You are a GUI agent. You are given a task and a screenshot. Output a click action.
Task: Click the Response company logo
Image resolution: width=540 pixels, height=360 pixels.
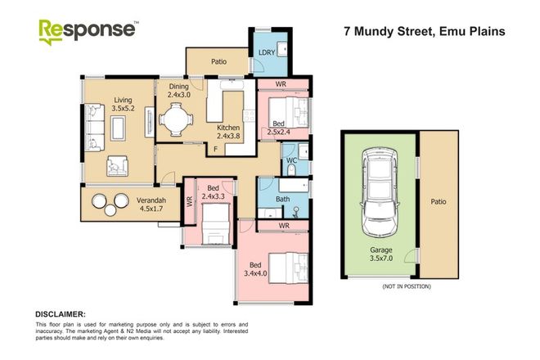pyautogui.click(x=88, y=30)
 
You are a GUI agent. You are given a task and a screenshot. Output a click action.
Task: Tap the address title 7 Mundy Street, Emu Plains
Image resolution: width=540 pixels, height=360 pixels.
pyautogui.click(x=422, y=32)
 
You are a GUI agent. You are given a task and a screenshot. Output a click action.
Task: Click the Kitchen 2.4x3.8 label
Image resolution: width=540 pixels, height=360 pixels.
pyautogui.click(x=227, y=132)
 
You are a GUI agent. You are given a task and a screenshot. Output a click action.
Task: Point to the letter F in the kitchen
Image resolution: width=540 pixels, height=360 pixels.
pyautogui.click(x=215, y=150)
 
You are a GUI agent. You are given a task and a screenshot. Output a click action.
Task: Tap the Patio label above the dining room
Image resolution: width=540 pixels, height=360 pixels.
pyautogui.click(x=218, y=61)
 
